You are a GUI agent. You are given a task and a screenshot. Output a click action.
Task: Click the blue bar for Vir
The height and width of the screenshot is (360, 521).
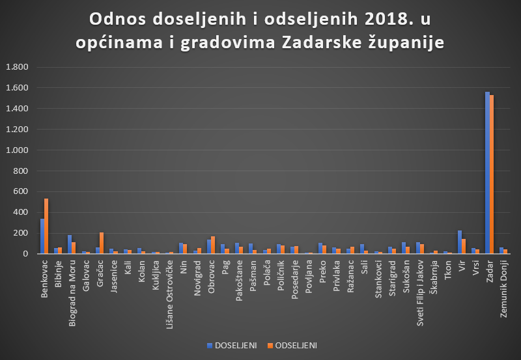[460, 242]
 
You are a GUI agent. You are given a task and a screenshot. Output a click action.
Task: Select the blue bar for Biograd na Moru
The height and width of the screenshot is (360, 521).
[70, 244]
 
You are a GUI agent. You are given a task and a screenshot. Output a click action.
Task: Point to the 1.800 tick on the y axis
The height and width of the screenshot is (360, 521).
[17, 67]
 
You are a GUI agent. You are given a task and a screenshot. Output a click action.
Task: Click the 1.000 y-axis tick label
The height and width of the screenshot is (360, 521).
[17, 150]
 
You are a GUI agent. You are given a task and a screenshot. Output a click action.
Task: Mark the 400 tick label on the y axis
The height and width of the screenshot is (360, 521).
[21, 212]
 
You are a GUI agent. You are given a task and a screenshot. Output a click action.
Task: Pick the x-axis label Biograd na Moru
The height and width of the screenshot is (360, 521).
[72, 283]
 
